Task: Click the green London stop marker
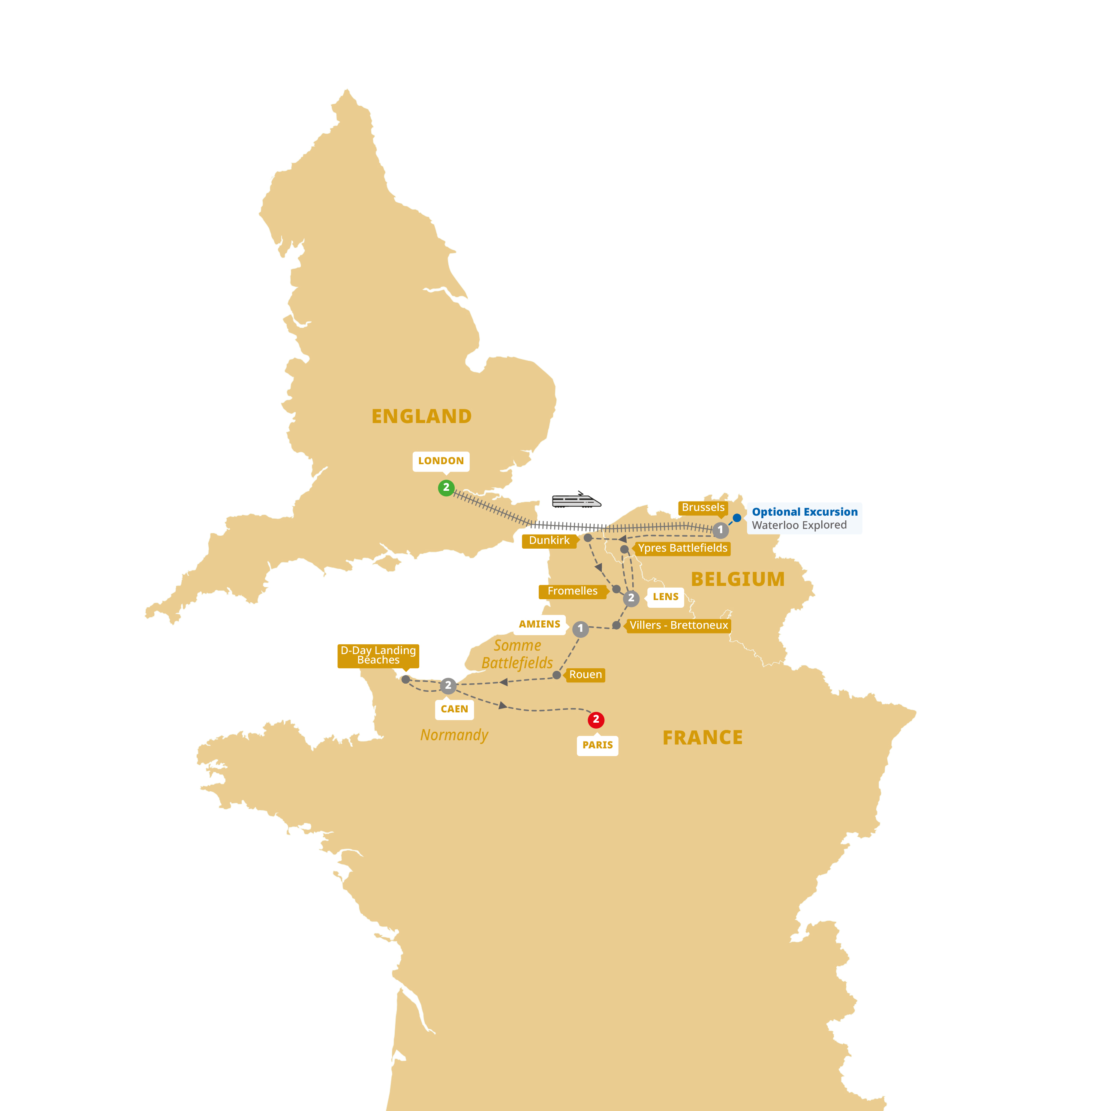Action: pyautogui.click(x=446, y=488)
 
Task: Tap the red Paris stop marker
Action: pyautogui.click(x=596, y=719)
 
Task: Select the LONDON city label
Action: pyautogui.click(x=441, y=461)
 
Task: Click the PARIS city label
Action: pyautogui.click(x=598, y=745)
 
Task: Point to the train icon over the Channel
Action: pyautogui.click(x=576, y=501)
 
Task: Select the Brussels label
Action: pyautogui.click(x=703, y=507)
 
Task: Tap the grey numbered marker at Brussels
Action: pyautogui.click(x=721, y=530)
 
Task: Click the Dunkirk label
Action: pyautogui.click(x=549, y=540)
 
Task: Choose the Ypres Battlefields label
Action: pyautogui.click(x=682, y=548)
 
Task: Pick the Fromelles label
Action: pyautogui.click(x=572, y=591)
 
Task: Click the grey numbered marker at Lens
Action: pyautogui.click(x=631, y=598)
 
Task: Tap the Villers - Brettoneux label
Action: pyautogui.click(x=679, y=625)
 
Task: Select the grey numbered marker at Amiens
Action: pyautogui.click(x=580, y=628)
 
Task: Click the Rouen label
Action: pyautogui.click(x=586, y=675)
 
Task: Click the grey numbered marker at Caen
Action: pyautogui.click(x=448, y=685)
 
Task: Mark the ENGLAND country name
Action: pyautogui.click(x=421, y=416)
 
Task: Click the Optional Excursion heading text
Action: pyautogui.click(x=805, y=512)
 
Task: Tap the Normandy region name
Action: pyautogui.click(x=454, y=735)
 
